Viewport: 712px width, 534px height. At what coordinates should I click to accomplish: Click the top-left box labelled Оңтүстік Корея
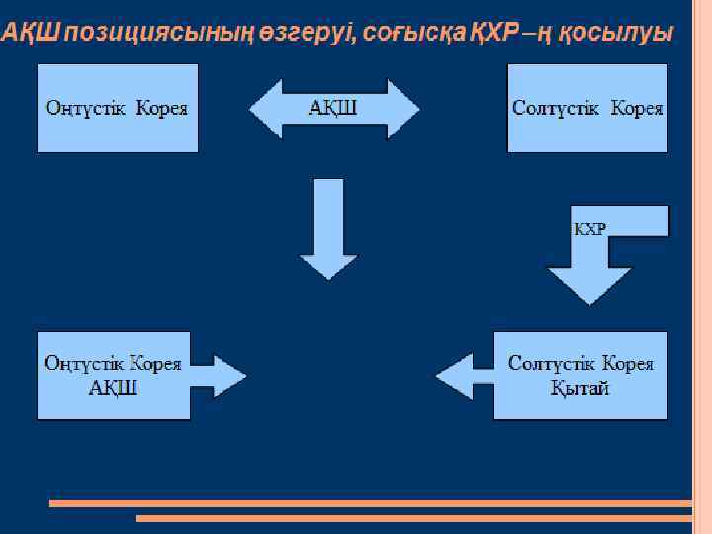click(x=117, y=108)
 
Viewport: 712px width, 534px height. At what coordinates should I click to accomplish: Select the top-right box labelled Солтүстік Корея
click(x=587, y=108)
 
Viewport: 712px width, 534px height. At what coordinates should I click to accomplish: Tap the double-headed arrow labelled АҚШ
click(x=334, y=108)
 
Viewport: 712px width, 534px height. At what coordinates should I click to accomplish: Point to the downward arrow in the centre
click(x=328, y=227)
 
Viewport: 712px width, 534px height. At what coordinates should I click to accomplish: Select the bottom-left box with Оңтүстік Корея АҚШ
click(x=112, y=375)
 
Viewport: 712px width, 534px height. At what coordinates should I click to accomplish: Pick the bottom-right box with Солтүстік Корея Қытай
click(x=581, y=375)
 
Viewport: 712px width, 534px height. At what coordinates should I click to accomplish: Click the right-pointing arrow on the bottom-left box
click(x=220, y=375)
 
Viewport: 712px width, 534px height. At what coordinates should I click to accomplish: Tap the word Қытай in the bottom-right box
click(x=580, y=387)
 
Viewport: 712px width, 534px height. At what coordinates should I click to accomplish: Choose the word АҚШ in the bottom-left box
click(x=113, y=387)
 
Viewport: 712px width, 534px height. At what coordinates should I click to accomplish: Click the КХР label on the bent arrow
click(x=590, y=229)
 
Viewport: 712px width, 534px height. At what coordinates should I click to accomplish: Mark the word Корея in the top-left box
click(x=161, y=108)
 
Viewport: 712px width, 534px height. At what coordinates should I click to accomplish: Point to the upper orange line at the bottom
click(x=371, y=503)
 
